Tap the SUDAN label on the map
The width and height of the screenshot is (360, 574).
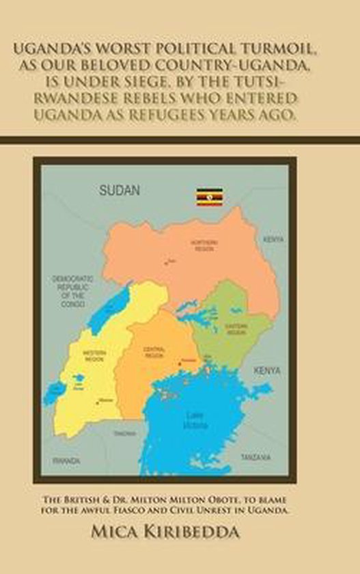(120, 190)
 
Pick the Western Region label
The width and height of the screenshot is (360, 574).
(94, 355)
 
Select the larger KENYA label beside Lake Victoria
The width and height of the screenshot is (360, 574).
(266, 370)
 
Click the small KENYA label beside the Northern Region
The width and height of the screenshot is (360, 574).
(273, 240)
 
